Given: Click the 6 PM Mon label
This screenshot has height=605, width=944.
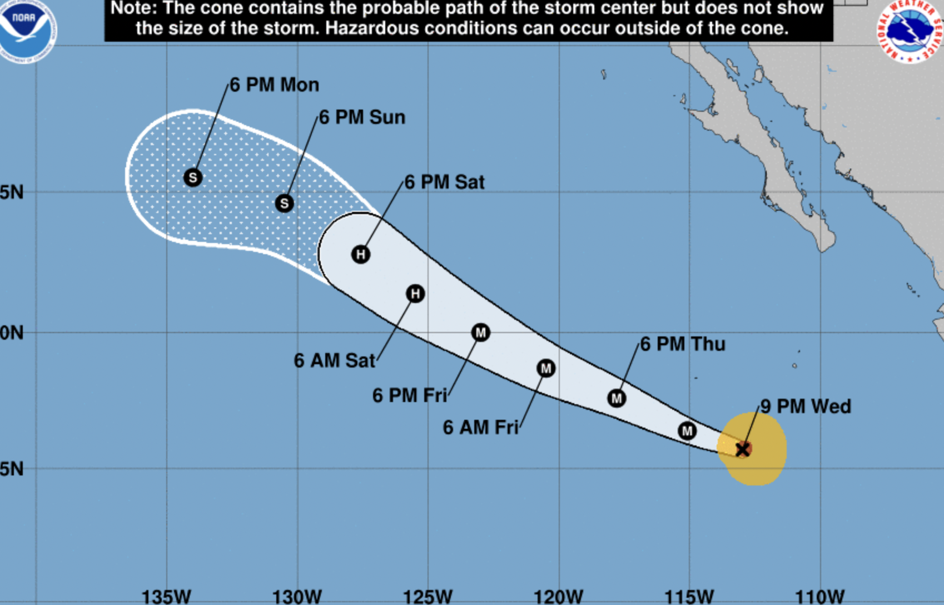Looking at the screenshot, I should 275,85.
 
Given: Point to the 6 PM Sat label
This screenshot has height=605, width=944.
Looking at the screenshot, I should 444,182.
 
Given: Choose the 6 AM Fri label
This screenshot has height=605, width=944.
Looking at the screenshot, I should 480,427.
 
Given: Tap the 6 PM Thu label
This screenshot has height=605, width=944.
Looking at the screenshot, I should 683,344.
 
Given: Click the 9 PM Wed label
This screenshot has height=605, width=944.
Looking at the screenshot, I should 805,406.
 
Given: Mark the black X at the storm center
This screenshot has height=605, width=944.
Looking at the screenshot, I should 743,449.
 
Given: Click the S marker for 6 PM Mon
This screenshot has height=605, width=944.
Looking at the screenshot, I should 193,177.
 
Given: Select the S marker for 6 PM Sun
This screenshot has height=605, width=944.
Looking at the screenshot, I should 284,203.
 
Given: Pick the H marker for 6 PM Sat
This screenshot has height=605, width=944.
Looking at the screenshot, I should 361,255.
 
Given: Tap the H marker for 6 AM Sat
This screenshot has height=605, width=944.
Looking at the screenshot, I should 415,294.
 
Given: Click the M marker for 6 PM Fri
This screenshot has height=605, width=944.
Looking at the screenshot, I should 480,333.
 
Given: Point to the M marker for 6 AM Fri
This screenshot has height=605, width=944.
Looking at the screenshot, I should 546,368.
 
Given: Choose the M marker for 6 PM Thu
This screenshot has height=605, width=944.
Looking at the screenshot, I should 617,398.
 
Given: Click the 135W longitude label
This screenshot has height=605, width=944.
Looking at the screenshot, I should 166,597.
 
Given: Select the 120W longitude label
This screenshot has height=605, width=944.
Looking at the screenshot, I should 558,597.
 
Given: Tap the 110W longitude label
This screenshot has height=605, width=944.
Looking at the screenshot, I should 819,597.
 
